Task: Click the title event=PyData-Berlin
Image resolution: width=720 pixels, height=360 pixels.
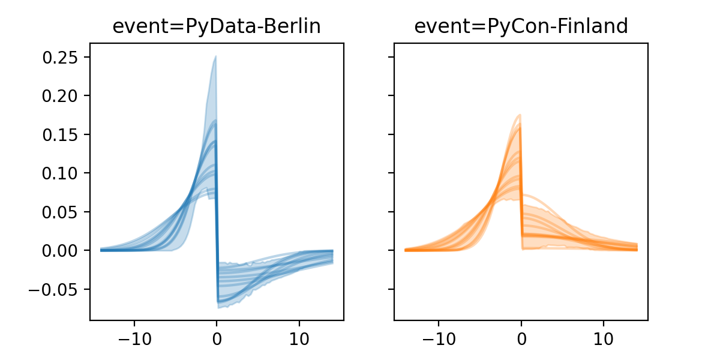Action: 217,26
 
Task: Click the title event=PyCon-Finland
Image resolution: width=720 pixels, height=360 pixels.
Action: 521,26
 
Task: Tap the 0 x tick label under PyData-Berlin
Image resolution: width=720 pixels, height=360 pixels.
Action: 217,337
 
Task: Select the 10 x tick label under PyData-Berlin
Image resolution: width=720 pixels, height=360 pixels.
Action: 299,337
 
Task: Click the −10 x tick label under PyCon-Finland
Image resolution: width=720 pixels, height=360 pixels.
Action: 438,337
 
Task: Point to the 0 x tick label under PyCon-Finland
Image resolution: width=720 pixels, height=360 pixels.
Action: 521,337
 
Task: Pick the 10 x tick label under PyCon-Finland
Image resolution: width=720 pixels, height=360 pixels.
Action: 604,337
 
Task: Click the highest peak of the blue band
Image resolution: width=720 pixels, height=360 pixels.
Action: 215,57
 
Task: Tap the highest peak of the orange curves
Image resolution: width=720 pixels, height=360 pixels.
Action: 520,115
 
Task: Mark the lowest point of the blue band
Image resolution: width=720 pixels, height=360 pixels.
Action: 220,308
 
